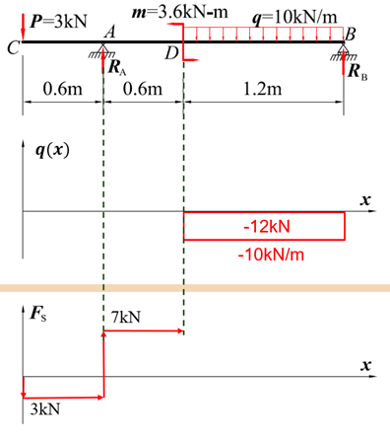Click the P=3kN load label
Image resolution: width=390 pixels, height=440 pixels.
pos(58,22)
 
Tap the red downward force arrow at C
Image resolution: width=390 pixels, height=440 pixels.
pos(23,27)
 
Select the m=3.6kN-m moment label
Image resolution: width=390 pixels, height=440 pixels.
pos(179,12)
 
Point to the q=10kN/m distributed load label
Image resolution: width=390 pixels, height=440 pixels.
pos(294,17)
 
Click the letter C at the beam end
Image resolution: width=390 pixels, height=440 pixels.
pos(13,48)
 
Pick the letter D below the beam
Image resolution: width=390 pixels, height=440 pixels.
pos(171,53)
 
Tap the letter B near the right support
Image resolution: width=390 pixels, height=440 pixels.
pos(351,34)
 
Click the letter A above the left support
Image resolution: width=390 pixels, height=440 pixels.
pos(110,33)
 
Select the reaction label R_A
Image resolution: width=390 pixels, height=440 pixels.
pos(117,67)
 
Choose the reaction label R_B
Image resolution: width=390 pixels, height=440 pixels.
pos(357,71)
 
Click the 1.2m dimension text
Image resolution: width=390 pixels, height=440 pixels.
pos(263,89)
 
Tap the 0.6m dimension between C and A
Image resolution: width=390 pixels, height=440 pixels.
pos(62,89)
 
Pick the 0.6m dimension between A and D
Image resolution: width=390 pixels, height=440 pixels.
pos(143,89)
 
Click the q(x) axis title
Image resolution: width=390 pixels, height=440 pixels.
pos(52,151)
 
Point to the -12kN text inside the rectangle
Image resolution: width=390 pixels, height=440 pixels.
pos(267,227)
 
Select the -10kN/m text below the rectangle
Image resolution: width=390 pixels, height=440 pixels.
pos(271,255)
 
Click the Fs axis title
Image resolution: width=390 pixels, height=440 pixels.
pos(38,313)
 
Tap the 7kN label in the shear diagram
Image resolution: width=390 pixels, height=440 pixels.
pos(126,317)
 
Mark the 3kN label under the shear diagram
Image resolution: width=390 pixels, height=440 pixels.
pos(45,409)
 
